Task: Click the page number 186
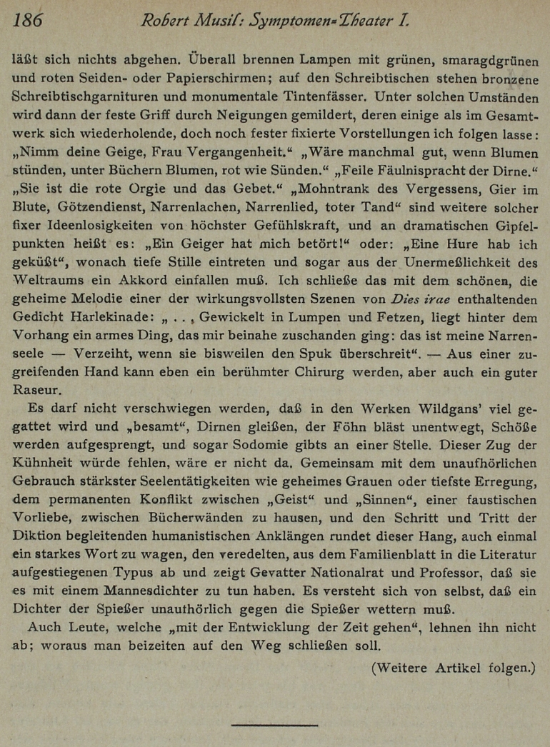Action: [27, 21]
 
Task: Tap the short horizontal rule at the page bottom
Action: [274, 726]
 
